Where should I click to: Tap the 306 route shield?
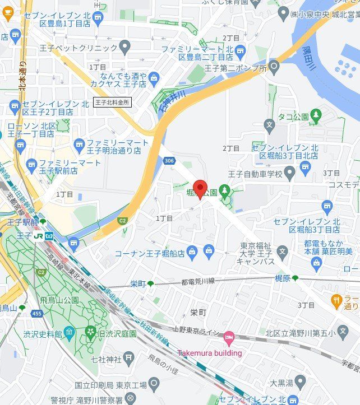point(169,161)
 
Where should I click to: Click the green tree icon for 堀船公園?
point(225,191)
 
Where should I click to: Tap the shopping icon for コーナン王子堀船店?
point(192,253)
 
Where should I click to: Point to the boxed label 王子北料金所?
point(112,103)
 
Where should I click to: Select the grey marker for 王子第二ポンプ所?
point(274,68)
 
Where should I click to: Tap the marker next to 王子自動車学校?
point(289,171)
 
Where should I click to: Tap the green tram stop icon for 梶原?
point(296,278)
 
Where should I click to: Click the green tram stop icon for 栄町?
point(150,284)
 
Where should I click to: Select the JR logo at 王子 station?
point(38,236)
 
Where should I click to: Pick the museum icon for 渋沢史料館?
point(69,333)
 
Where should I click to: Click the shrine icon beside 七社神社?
point(129,357)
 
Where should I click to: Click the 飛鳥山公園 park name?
point(59,300)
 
